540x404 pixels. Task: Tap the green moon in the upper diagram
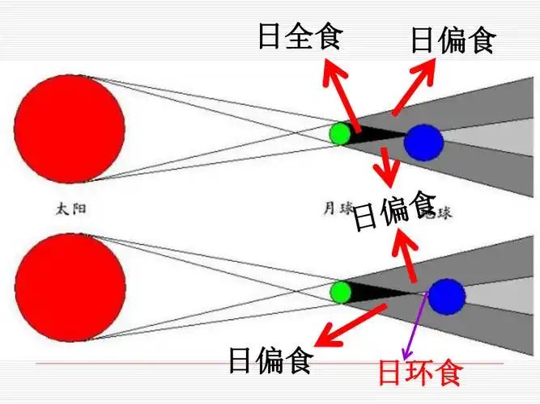pos(340,133)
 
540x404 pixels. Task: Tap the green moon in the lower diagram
pos(340,291)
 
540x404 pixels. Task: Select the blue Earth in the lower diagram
pos(446,297)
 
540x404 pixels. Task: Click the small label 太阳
pos(70,208)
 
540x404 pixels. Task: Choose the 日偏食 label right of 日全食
pos(452,40)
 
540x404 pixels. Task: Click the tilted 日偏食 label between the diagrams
pos(395,211)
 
